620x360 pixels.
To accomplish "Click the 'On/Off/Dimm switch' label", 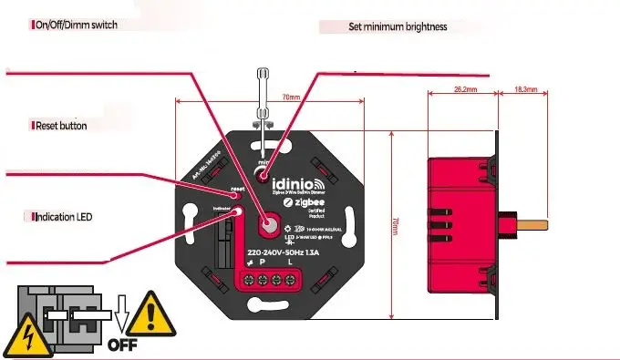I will [77, 24].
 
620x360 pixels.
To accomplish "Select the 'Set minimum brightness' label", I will [398, 26].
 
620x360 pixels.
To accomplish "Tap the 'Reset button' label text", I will [60, 126].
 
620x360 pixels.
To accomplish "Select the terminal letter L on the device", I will [291, 264].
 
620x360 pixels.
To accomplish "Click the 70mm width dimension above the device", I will [291, 98].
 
